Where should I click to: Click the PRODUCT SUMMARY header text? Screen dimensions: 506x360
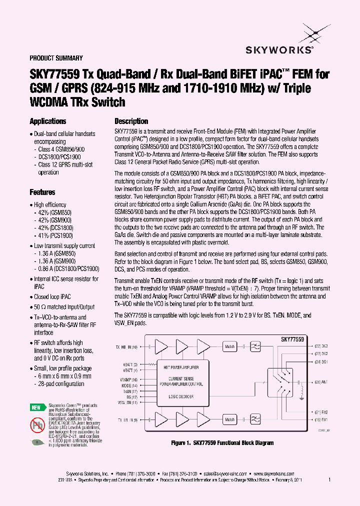(x=56, y=58)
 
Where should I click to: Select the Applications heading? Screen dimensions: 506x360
(x=48, y=121)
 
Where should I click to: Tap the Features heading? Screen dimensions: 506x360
(x=42, y=192)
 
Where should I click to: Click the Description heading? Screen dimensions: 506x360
(x=131, y=121)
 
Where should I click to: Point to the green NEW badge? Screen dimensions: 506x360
(x=36, y=407)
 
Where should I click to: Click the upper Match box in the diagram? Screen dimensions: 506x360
(x=229, y=346)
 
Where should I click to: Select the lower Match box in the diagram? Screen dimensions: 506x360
(x=229, y=419)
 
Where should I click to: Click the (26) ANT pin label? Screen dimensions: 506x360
(x=321, y=382)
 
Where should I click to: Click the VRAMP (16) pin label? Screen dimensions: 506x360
(x=129, y=380)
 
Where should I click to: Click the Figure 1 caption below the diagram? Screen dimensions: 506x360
(x=222, y=443)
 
